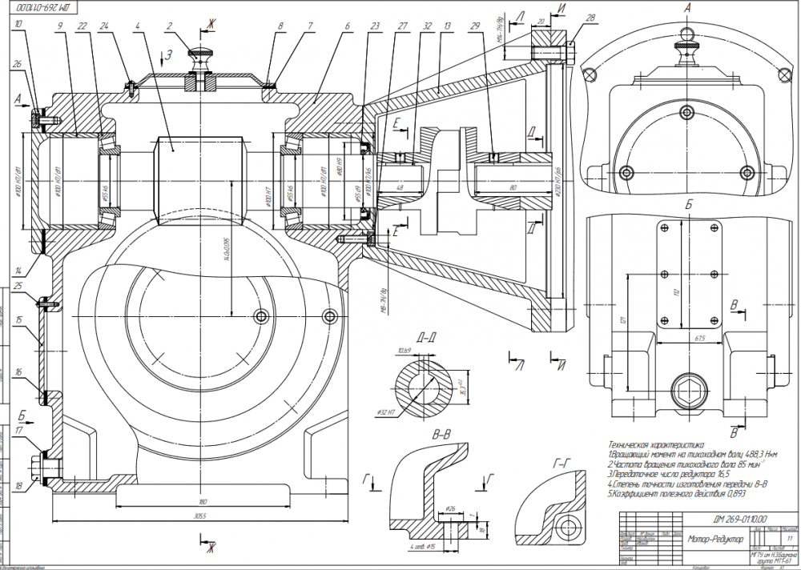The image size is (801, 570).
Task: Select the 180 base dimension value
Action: (200, 503)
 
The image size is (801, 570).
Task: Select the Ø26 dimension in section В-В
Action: (450, 508)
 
